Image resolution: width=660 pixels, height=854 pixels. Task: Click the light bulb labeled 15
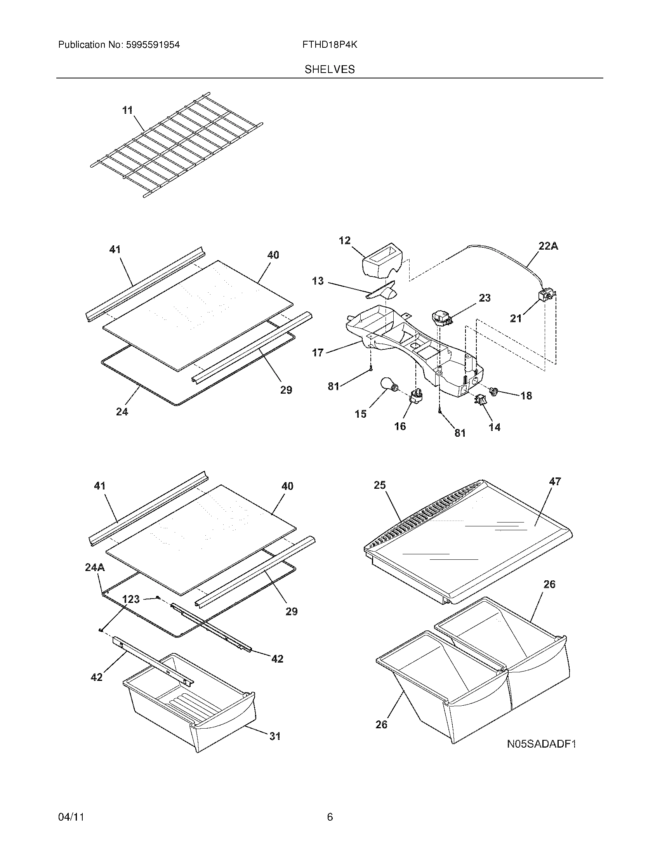388,386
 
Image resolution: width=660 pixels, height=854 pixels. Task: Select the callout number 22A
548,246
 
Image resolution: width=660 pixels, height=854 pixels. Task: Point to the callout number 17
318,353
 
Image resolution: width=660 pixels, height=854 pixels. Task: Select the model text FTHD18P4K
330,45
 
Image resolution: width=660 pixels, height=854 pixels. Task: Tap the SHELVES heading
330,69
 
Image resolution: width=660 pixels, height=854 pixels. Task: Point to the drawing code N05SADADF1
542,744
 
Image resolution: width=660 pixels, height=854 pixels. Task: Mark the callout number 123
131,599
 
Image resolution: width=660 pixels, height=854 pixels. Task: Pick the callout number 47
555,482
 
